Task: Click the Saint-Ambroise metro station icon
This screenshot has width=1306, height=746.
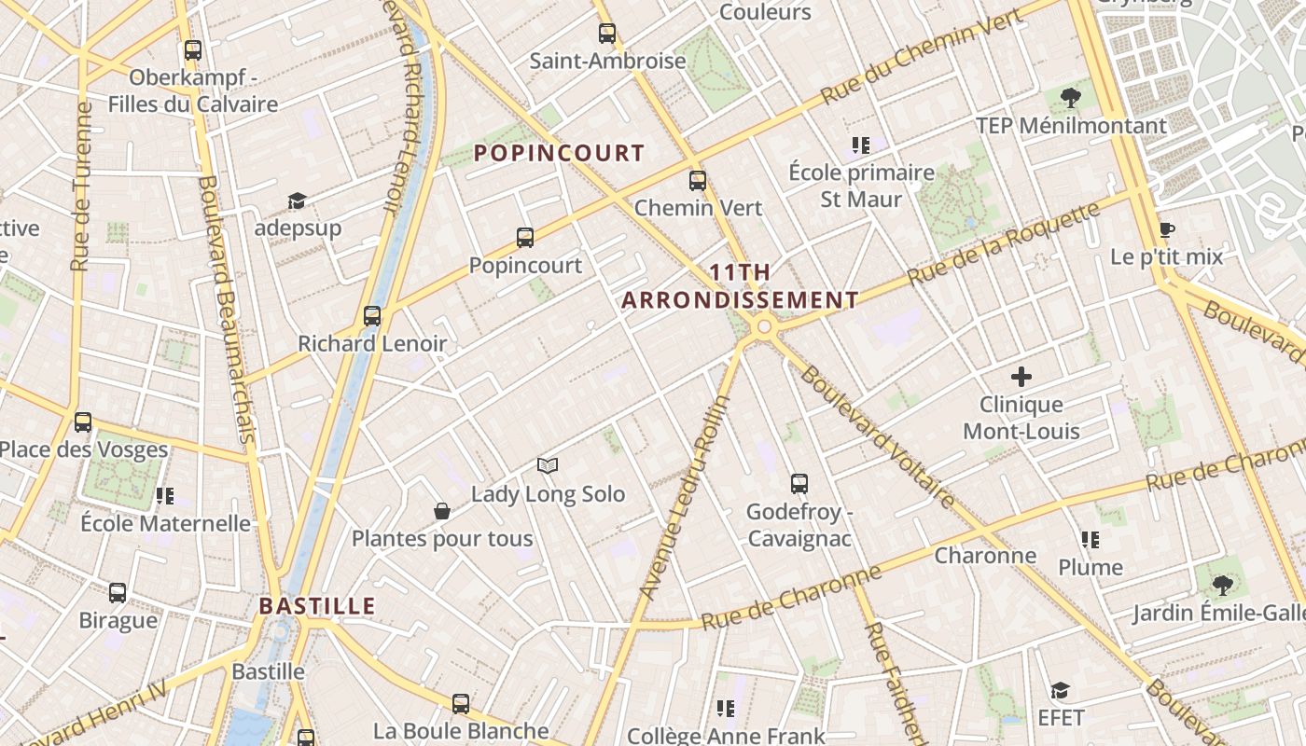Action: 607,34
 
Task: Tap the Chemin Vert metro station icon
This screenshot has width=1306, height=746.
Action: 698,181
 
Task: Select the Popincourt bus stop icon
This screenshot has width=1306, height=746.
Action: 525,238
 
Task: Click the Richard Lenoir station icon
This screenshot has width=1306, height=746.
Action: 372,316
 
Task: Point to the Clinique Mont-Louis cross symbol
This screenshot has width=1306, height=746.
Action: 1021,377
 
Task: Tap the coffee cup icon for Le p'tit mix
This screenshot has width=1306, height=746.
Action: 1166,229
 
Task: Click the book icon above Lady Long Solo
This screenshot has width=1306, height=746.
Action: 548,465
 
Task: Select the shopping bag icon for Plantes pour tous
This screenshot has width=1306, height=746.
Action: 442,511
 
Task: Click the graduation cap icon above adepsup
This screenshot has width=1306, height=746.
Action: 298,200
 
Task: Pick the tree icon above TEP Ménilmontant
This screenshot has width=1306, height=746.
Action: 1071,97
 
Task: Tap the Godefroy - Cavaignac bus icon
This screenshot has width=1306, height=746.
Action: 799,484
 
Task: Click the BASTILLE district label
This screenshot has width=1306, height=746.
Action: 317,606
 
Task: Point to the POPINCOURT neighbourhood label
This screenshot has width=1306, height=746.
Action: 560,153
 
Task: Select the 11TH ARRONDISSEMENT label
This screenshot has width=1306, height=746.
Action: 740,286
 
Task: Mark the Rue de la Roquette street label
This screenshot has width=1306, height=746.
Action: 1004,244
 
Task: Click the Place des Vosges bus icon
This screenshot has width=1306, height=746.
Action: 83,422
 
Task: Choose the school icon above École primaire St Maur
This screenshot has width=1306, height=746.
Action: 860,145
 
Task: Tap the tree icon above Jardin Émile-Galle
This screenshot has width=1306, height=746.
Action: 1222,586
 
